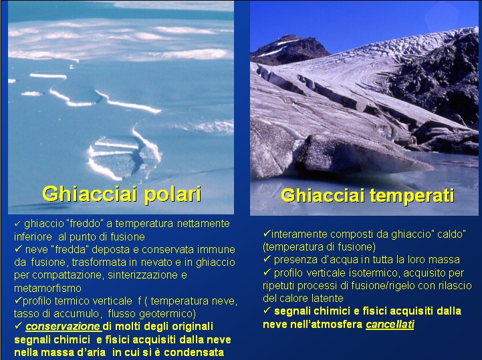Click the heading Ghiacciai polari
pos(122,194)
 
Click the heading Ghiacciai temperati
pos(368,196)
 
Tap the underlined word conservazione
pos(63,327)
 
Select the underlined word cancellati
pos(390,325)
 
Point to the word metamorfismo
pos(48,289)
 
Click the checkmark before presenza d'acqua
pos(267,259)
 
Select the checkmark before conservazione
pos(18,325)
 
